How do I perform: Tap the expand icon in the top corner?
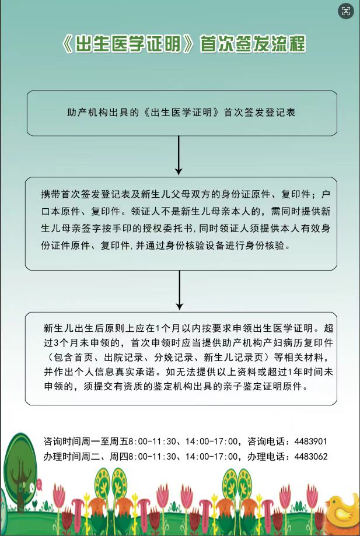[345, 11]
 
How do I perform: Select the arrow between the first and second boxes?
[179, 155]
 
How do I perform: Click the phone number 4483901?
[311, 441]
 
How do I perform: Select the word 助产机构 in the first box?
[86, 112]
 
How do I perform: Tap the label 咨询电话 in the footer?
[267, 441]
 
